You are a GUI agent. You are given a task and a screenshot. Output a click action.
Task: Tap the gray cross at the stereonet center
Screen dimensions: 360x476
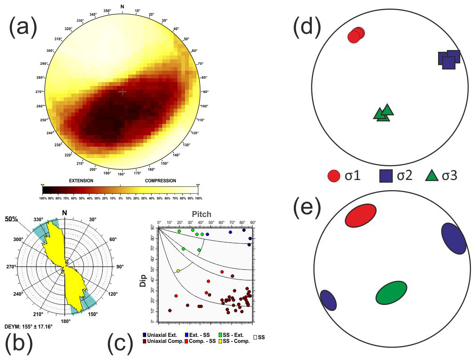[122, 92]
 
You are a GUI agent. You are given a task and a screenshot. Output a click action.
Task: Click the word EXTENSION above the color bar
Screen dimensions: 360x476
[81, 180]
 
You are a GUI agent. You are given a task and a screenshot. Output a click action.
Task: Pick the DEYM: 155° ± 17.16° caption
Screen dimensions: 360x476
[29, 326]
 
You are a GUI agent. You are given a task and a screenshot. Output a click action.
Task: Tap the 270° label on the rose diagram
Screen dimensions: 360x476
[11, 267]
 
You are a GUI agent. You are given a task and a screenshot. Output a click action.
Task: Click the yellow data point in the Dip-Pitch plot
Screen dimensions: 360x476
[178, 271]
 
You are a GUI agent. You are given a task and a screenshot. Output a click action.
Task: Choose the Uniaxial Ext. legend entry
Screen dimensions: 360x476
[160, 335]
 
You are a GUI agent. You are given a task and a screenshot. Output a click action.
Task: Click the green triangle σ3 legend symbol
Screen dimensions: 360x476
[432, 176]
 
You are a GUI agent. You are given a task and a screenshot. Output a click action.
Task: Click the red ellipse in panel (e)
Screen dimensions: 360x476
[361, 216]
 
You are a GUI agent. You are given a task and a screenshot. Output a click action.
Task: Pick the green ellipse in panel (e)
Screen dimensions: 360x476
[391, 293]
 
